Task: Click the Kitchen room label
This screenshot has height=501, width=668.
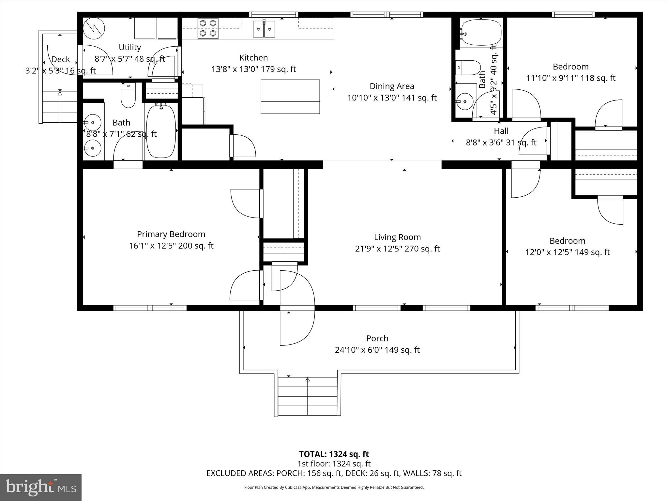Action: click(253, 58)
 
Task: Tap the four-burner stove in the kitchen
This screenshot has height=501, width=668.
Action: click(208, 28)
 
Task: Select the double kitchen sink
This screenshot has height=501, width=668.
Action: click(264, 29)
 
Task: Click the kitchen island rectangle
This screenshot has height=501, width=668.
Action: click(290, 97)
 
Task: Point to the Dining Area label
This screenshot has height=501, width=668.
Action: click(392, 86)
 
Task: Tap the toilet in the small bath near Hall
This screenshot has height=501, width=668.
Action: click(468, 68)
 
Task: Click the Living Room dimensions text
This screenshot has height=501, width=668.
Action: click(397, 249)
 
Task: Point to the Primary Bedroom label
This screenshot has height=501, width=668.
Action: click(171, 234)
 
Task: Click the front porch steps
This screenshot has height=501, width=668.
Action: click(307, 396)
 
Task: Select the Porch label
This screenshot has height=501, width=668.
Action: click(377, 338)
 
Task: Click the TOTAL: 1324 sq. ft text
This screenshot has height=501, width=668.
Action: click(334, 454)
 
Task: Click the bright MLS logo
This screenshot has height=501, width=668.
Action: click(41, 487)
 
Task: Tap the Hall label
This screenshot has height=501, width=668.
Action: click(501, 131)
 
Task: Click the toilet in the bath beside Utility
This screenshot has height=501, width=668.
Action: click(128, 95)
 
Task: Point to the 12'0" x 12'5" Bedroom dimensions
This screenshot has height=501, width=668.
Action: click(567, 252)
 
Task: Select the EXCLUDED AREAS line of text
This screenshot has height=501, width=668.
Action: click(334, 473)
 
